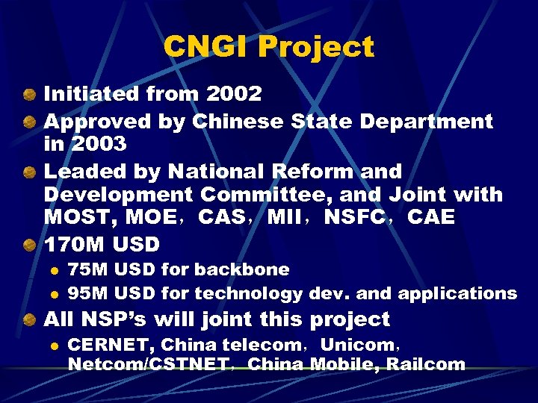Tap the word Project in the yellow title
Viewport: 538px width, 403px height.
pos(316,47)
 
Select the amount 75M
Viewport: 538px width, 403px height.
pos(87,269)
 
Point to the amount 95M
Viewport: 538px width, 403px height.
pos(87,294)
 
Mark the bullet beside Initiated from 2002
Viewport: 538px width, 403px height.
pos(28,95)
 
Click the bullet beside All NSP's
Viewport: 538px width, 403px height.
pos(28,320)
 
